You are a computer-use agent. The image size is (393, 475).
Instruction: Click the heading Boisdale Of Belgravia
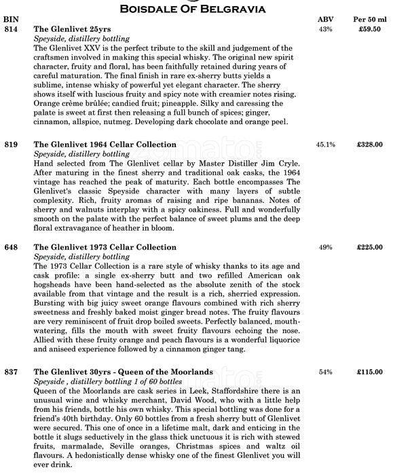pyautogui.click(x=196, y=8)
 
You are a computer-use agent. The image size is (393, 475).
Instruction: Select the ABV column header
pyautogui.click(x=325, y=20)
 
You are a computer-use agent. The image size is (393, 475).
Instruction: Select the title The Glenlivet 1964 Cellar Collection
pyautogui.click(x=105, y=145)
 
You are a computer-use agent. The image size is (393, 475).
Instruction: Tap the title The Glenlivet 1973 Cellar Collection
pyautogui.click(x=105, y=248)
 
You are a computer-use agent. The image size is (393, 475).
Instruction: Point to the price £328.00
pyautogui.click(x=371, y=145)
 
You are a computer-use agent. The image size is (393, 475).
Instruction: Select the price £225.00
pyautogui.click(x=371, y=248)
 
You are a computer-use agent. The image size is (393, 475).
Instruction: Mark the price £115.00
pyautogui.click(x=371, y=372)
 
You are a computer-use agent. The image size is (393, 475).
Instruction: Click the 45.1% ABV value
pyautogui.click(x=325, y=145)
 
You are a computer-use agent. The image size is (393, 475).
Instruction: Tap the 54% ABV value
pyautogui.click(x=325, y=372)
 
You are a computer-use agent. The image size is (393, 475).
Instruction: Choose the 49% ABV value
pyautogui.click(x=325, y=248)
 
